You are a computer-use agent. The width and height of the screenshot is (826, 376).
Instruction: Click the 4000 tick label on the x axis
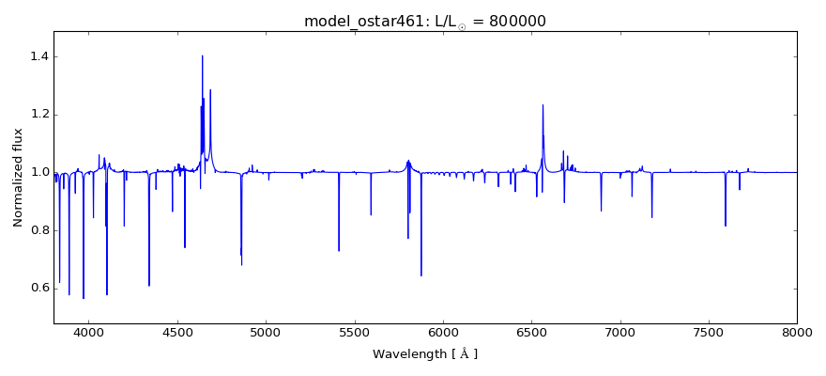[x=89, y=333]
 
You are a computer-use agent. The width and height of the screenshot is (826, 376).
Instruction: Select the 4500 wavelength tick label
[x=177, y=333]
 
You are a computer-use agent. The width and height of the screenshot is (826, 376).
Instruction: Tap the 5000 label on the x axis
[x=266, y=333]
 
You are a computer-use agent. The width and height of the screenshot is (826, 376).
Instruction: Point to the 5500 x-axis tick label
[x=355, y=333]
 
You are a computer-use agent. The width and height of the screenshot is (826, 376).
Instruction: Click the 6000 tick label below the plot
[x=443, y=333]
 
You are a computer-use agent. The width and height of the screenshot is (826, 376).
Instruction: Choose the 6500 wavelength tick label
[x=531, y=333]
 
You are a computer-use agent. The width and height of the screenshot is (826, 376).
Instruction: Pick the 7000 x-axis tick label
[x=620, y=333]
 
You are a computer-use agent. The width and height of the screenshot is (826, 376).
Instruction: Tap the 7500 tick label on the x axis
[x=709, y=333]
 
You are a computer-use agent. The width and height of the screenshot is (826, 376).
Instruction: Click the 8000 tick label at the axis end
[x=797, y=333]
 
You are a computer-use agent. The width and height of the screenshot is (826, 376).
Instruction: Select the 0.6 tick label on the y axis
[x=38, y=288]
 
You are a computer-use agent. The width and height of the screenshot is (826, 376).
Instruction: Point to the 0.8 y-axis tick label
[x=38, y=230]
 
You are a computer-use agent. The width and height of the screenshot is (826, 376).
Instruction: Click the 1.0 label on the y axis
[x=38, y=172]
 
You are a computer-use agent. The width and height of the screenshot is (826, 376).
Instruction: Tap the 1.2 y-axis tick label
[x=38, y=115]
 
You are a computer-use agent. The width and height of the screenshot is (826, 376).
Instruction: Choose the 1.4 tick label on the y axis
[x=38, y=57]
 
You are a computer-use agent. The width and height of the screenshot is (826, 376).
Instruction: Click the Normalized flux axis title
[x=18, y=177]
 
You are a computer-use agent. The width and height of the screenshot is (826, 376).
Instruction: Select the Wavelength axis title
[x=425, y=354]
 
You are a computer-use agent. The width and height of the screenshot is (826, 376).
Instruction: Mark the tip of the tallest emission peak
[x=202, y=55]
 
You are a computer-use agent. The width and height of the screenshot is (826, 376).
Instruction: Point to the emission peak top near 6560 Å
[x=543, y=104]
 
